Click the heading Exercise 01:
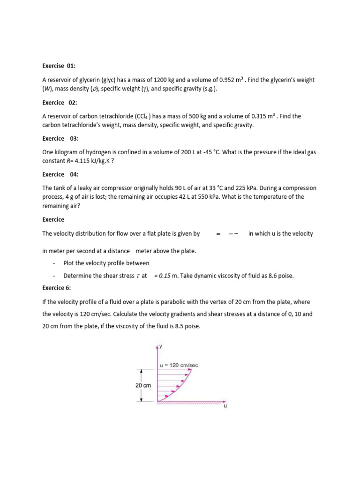pyautogui.click(x=59, y=66)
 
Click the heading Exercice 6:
pyautogui.click(x=57, y=287)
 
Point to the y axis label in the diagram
pyautogui.click(x=160, y=346)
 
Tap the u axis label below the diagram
pyautogui.click(x=225, y=406)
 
